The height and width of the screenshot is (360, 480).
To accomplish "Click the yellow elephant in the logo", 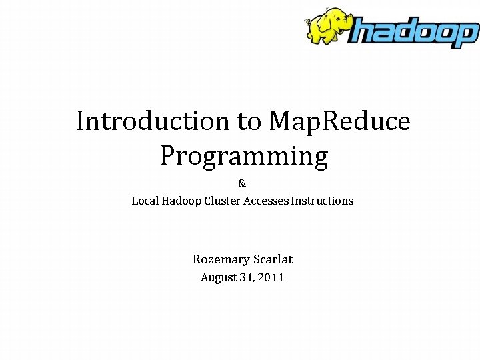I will [328, 27].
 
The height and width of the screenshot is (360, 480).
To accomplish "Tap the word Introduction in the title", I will [153, 121].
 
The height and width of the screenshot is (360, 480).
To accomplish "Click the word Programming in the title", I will [244, 156].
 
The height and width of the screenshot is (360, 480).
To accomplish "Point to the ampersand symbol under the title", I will [242, 183].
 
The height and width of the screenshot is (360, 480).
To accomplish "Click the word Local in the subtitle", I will [144, 201].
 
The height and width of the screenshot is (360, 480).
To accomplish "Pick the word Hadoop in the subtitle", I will [180, 201].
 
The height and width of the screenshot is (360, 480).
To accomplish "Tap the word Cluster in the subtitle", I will [221, 201].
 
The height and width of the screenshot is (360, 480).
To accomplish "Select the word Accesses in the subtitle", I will [265, 201].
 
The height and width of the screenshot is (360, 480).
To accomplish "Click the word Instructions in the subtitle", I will [323, 201].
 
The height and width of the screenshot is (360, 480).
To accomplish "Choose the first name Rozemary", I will [221, 259].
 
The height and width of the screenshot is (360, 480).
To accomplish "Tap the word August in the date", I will [219, 278].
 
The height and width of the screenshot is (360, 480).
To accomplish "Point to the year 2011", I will [272, 278].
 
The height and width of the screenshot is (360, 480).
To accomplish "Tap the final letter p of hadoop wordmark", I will [467, 35].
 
